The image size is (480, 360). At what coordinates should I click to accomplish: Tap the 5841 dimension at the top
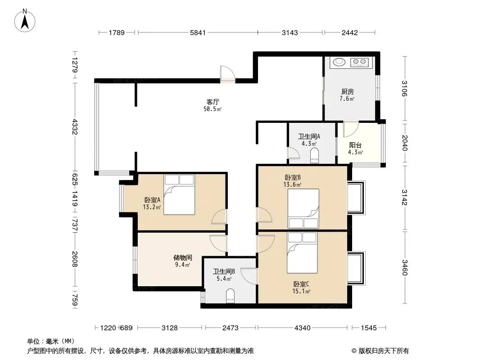(198, 32)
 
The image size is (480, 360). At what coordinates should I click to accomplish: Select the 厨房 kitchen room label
(348, 91)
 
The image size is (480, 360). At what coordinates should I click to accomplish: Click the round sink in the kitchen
(339, 62)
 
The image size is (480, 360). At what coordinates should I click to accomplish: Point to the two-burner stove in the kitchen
(360, 62)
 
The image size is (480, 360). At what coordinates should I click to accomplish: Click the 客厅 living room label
(213, 102)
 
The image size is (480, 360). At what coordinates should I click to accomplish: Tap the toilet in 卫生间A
(315, 155)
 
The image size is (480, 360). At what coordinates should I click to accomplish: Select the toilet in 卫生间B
(230, 296)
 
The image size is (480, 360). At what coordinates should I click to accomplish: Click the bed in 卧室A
(179, 194)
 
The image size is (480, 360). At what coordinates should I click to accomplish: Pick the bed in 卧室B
(303, 209)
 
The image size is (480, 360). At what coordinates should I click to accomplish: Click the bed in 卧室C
(302, 252)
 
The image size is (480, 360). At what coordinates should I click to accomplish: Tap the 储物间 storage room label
(183, 257)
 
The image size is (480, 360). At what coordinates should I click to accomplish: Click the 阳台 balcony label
(355, 145)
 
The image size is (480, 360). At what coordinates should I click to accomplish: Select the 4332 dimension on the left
(75, 127)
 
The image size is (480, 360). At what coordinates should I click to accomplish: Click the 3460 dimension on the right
(405, 267)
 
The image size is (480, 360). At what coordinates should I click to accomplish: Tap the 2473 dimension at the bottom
(230, 328)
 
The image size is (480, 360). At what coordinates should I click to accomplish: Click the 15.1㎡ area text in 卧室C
(301, 291)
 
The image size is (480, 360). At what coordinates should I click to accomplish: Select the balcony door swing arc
(351, 130)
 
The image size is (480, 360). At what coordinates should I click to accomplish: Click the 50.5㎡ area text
(213, 109)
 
